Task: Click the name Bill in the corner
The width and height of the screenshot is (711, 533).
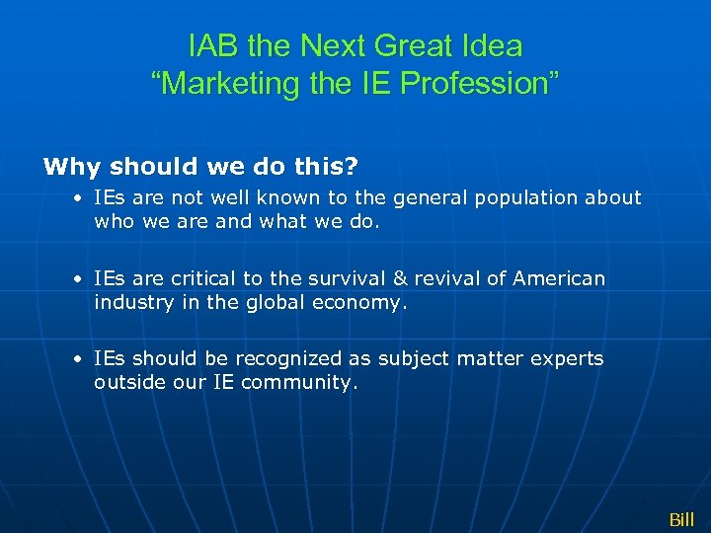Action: (681, 519)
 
